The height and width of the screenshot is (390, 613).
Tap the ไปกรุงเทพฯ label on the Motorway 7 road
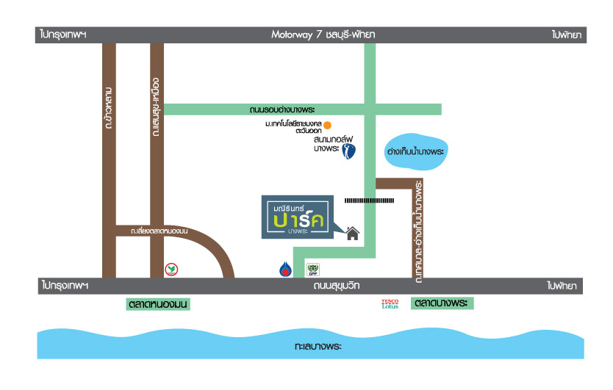63,35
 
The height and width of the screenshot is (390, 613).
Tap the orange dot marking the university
328,125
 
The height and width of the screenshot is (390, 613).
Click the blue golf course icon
349,152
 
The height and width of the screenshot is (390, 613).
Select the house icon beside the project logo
353,234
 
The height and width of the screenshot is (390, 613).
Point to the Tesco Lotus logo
389,303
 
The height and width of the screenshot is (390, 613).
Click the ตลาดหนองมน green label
158,303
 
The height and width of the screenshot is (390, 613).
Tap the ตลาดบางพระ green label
442,303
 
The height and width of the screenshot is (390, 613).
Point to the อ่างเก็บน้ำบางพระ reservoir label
416,152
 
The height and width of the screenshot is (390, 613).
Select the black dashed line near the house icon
370,199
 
